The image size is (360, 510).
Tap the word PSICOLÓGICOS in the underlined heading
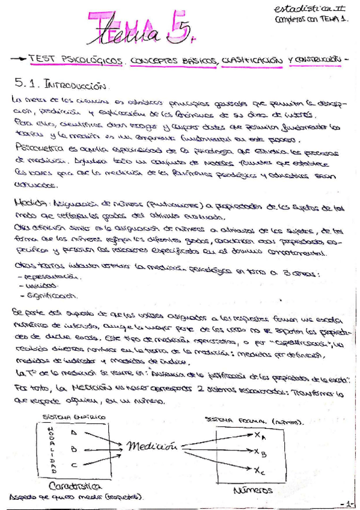click(x=98, y=61)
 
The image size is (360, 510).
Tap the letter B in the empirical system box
click(x=73, y=448)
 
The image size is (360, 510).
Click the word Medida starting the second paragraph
click(x=26, y=203)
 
